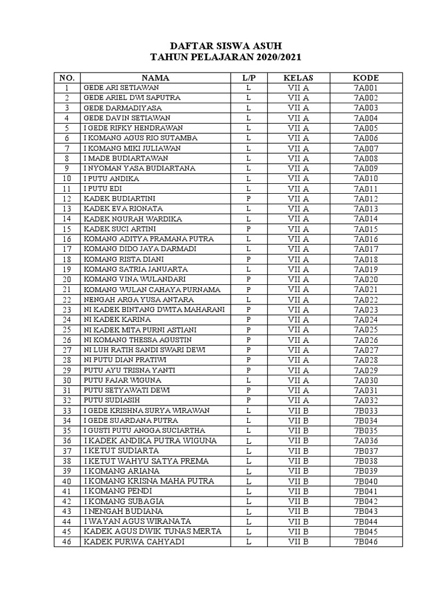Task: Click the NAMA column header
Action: (x=155, y=78)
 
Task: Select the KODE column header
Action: (x=366, y=78)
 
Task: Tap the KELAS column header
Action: (x=298, y=78)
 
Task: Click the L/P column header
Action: (x=248, y=78)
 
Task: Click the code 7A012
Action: (x=366, y=198)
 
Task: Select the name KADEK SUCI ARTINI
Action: (x=115, y=229)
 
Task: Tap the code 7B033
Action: (x=366, y=410)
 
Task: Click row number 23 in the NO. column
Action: (x=67, y=310)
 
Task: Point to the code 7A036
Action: (x=366, y=441)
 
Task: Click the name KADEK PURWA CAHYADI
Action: (x=129, y=542)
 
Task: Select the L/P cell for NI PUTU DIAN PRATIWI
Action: (x=248, y=360)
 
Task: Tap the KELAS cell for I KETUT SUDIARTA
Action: (x=298, y=451)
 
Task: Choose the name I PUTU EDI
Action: (x=103, y=189)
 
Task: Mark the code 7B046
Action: (x=366, y=542)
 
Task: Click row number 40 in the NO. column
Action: (x=67, y=481)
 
